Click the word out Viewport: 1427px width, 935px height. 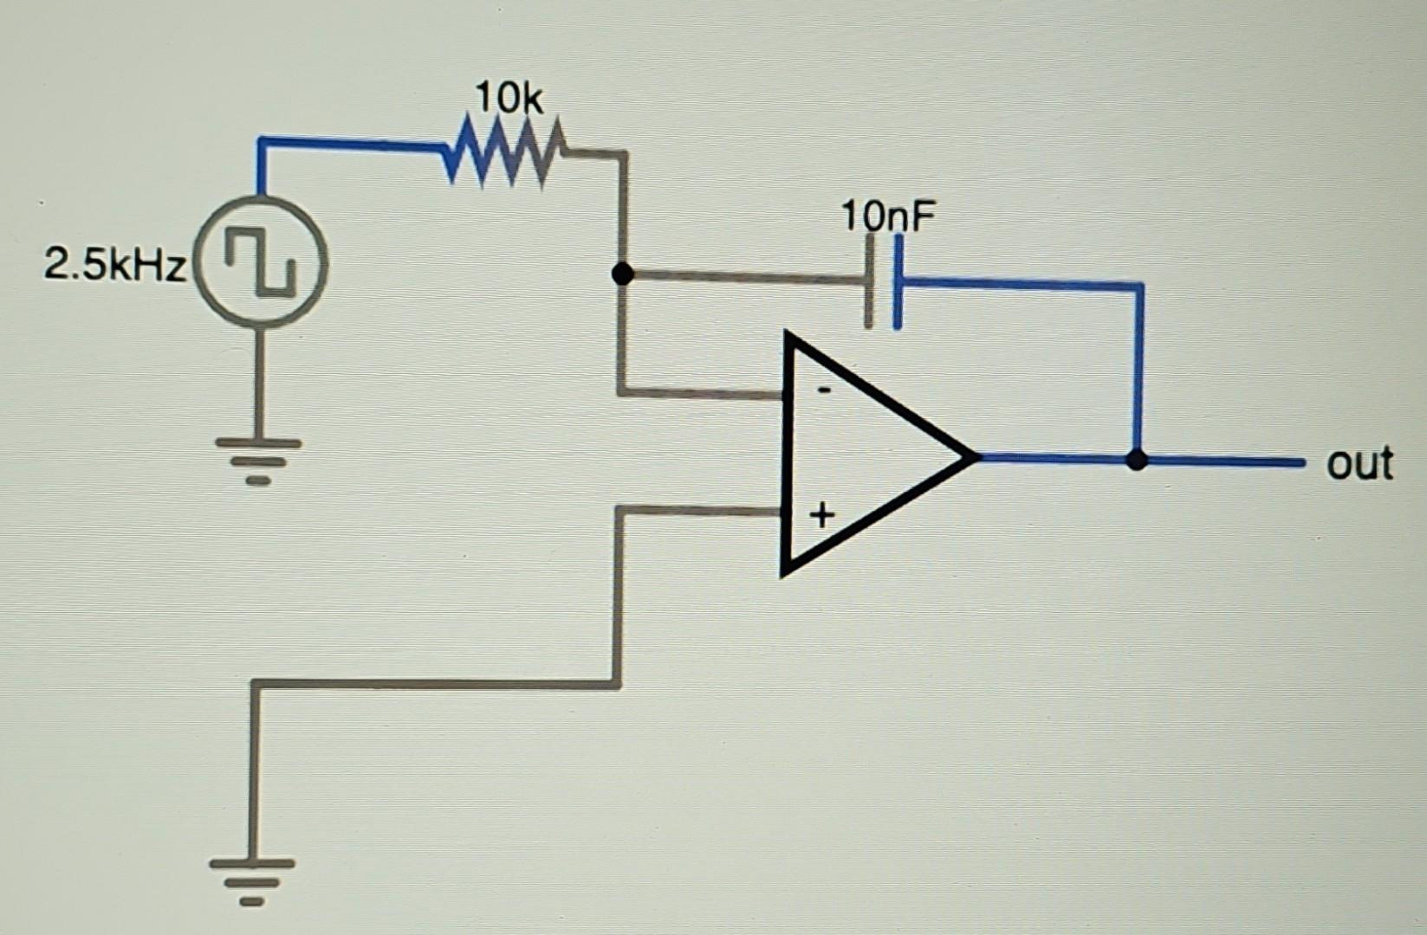[x=1359, y=463]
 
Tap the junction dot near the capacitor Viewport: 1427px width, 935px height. [x=622, y=274]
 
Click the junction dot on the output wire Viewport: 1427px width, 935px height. [x=1138, y=459]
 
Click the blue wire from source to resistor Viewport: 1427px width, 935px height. [x=347, y=142]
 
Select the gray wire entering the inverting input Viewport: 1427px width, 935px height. [x=702, y=393]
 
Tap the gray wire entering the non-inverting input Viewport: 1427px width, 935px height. [x=702, y=511]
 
